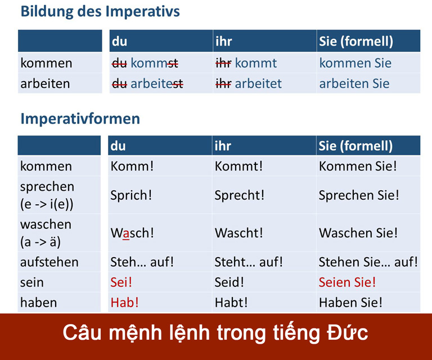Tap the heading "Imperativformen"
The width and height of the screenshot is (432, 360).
tap(80, 119)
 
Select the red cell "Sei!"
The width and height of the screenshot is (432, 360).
tap(123, 282)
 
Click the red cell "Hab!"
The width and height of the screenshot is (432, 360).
tap(125, 302)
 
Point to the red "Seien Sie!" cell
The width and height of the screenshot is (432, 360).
tap(347, 282)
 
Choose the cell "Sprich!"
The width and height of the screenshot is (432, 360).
tap(132, 195)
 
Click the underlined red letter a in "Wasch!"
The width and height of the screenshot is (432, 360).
tap(126, 232)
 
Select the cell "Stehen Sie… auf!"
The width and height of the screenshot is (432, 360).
tap(368, 262)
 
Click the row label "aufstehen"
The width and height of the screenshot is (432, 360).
tap(49, 262)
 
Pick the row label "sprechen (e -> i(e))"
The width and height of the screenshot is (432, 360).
tap(47, 195)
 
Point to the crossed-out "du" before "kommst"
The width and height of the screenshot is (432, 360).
tap(119, 64)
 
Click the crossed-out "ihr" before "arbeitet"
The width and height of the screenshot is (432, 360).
tap(223, 84)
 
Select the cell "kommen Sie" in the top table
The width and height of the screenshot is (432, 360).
tap(355, 64)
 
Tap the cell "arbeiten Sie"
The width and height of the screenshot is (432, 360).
tap(354, 84)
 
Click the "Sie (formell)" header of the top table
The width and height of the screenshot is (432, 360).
tap(356, 42)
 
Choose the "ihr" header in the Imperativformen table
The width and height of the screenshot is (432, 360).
tap(223, 146)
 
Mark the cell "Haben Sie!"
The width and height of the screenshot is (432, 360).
tap(350, 302)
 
